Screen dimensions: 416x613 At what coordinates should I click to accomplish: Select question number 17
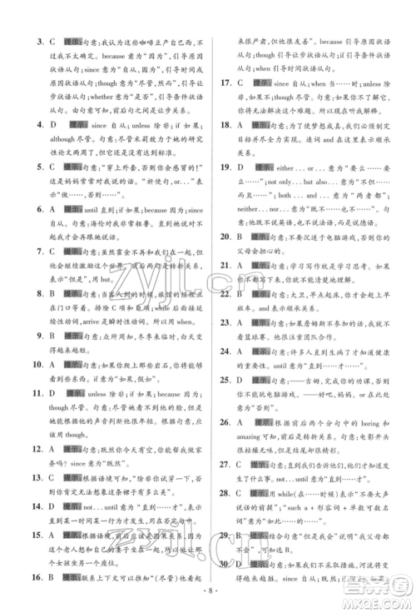coord(225,83)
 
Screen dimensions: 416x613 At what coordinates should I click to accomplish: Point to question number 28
coord(225,494)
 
